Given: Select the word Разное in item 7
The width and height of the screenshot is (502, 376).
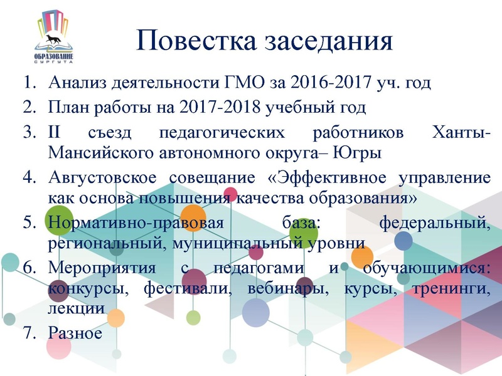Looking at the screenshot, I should [x=75, y=333].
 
